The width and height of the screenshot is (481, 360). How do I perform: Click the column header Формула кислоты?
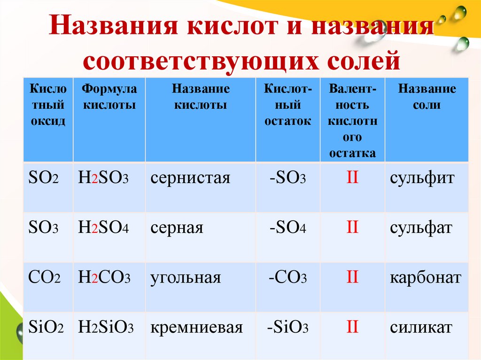pos(109,97)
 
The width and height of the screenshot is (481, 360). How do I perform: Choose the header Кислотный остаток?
pos(287,105)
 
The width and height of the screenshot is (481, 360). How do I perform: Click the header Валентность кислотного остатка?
pos(352,121)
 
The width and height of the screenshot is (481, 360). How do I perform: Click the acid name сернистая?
pos(190,178)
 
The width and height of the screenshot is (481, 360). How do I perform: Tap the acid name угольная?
pos(186,278)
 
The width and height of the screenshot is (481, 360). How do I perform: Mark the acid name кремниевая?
pos(197,328)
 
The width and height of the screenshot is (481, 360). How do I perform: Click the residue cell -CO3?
pos(287,278)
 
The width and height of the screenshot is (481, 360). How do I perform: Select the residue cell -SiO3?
pos(287,328)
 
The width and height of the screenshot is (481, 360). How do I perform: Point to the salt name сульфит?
pos(422,178)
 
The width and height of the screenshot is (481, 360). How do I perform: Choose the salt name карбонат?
pos(426,278)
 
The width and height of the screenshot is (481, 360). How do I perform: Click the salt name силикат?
pos(421,328)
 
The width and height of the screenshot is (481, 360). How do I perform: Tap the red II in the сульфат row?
pos(352,228)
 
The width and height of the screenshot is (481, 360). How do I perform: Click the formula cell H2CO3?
pos(104,278)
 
